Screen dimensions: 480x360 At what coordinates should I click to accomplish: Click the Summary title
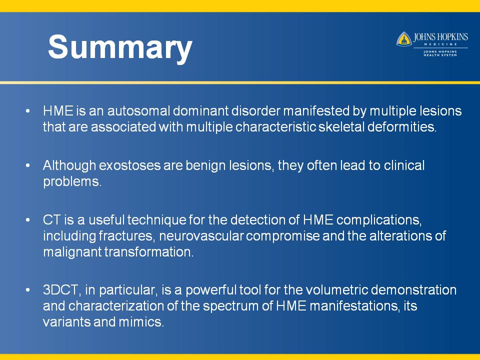tap(120, 47)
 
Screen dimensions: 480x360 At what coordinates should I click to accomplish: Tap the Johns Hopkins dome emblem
tap(404, 39)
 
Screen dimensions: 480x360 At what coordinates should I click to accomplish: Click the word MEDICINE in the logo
tap(440, 44)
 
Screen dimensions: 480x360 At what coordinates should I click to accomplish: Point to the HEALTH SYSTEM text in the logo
tap(440, 55)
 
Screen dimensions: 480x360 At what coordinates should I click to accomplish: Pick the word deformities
tap(401, 126)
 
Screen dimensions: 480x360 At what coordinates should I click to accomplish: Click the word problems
tap(72, 182)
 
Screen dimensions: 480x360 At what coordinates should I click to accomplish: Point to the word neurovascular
tap(201, 236)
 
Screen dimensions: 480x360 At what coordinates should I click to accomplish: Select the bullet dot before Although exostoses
tap(28, 165)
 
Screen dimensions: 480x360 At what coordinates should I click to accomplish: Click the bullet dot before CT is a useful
tap(28, 220)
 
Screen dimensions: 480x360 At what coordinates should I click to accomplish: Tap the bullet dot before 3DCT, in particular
tap(28, 290)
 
